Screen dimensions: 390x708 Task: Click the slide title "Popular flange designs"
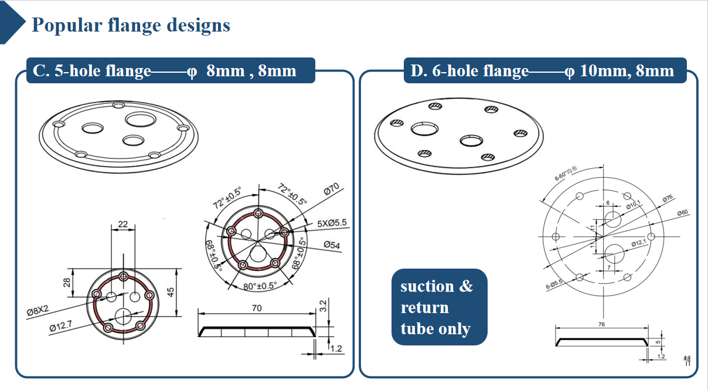point(131,26)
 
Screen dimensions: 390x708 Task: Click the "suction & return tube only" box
point(439,307)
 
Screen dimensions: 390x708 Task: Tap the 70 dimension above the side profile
point(257,308)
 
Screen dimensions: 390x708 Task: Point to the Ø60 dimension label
point(682,212)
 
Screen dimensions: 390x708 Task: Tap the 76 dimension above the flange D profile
point(601,324)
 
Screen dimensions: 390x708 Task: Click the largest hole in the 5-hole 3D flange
point(141,120)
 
